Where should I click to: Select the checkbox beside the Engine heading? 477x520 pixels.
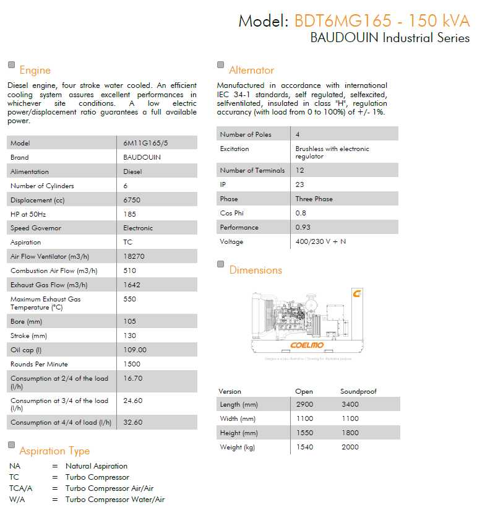[x=11, y=65]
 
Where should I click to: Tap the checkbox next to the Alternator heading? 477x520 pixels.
[x=221, y=65]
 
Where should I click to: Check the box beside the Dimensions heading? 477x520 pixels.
[x=221, y=264]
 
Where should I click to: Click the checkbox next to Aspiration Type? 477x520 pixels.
[x=11, y=445]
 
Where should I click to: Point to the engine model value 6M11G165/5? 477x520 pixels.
[x=141, y=143]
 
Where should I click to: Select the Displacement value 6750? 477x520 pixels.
[x=132, y=200]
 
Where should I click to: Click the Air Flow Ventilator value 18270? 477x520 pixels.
[x=134, y=256]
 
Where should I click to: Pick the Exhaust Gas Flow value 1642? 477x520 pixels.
[x=132, y=285]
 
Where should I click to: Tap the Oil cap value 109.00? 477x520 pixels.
[x=135, y=350]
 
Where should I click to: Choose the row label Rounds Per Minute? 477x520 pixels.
[x=40, y=364]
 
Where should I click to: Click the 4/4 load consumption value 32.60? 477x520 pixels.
[x=133, y=422]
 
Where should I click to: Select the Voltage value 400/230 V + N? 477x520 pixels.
[x=320, y=241]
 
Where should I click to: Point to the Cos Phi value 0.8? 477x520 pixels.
[x=301, y=213]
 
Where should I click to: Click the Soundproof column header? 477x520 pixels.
[x=358, y=391]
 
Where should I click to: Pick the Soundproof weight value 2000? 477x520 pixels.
[x=350, y=447]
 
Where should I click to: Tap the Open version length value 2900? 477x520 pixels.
[x=304, y=404]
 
